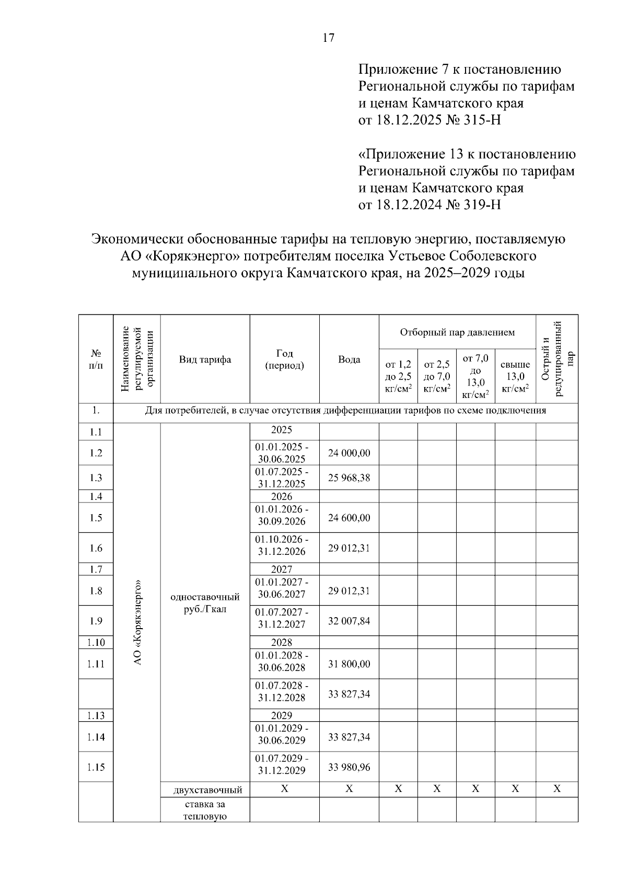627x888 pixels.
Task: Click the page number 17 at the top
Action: tap(329, 38)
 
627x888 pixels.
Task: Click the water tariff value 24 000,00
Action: tap(349, 453)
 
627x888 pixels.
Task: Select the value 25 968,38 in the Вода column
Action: tap(349, 477)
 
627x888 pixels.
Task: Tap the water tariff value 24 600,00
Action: tap(349, 518)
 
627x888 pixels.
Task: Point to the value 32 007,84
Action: tap(349, 621)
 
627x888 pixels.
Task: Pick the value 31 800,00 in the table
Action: tap(349, 664)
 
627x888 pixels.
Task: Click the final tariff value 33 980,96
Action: tap(349, 767)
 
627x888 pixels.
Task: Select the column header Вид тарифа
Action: tap(205, 359)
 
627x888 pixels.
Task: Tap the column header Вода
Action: tap(349, 359)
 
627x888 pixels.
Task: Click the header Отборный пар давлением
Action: tap(457, 332)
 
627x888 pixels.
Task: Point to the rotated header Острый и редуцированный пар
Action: tap(557, 359)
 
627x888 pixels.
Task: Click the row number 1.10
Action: tap(96, 642)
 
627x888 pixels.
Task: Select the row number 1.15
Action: tap(96, 767)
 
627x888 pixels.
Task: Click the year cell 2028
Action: tap(284, 642)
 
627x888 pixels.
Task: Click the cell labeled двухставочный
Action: tap(205, 790)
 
